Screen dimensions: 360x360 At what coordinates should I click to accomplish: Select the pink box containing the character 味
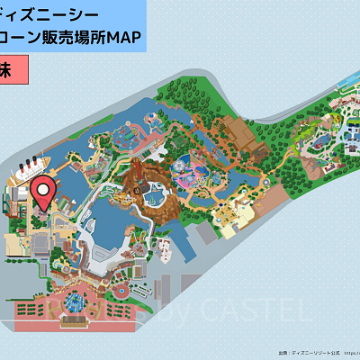(20, 70)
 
